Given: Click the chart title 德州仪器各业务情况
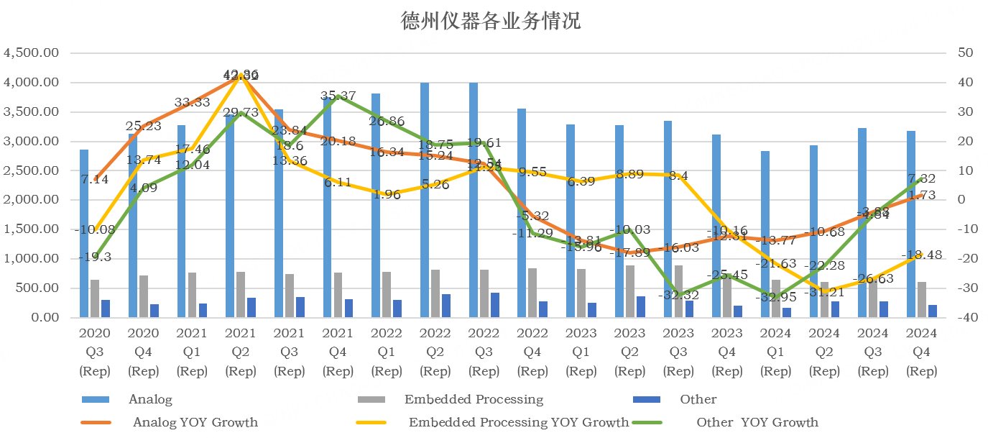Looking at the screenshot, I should (490, 21).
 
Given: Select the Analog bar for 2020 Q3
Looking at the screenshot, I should (84, 234).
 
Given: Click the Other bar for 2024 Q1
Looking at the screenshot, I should (786, 313).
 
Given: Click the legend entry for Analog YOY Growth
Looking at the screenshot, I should (195, 422).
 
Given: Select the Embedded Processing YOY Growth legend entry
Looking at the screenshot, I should (518, 422).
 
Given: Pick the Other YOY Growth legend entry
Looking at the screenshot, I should (757, 422).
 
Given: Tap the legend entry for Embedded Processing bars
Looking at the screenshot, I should (474, 399).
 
